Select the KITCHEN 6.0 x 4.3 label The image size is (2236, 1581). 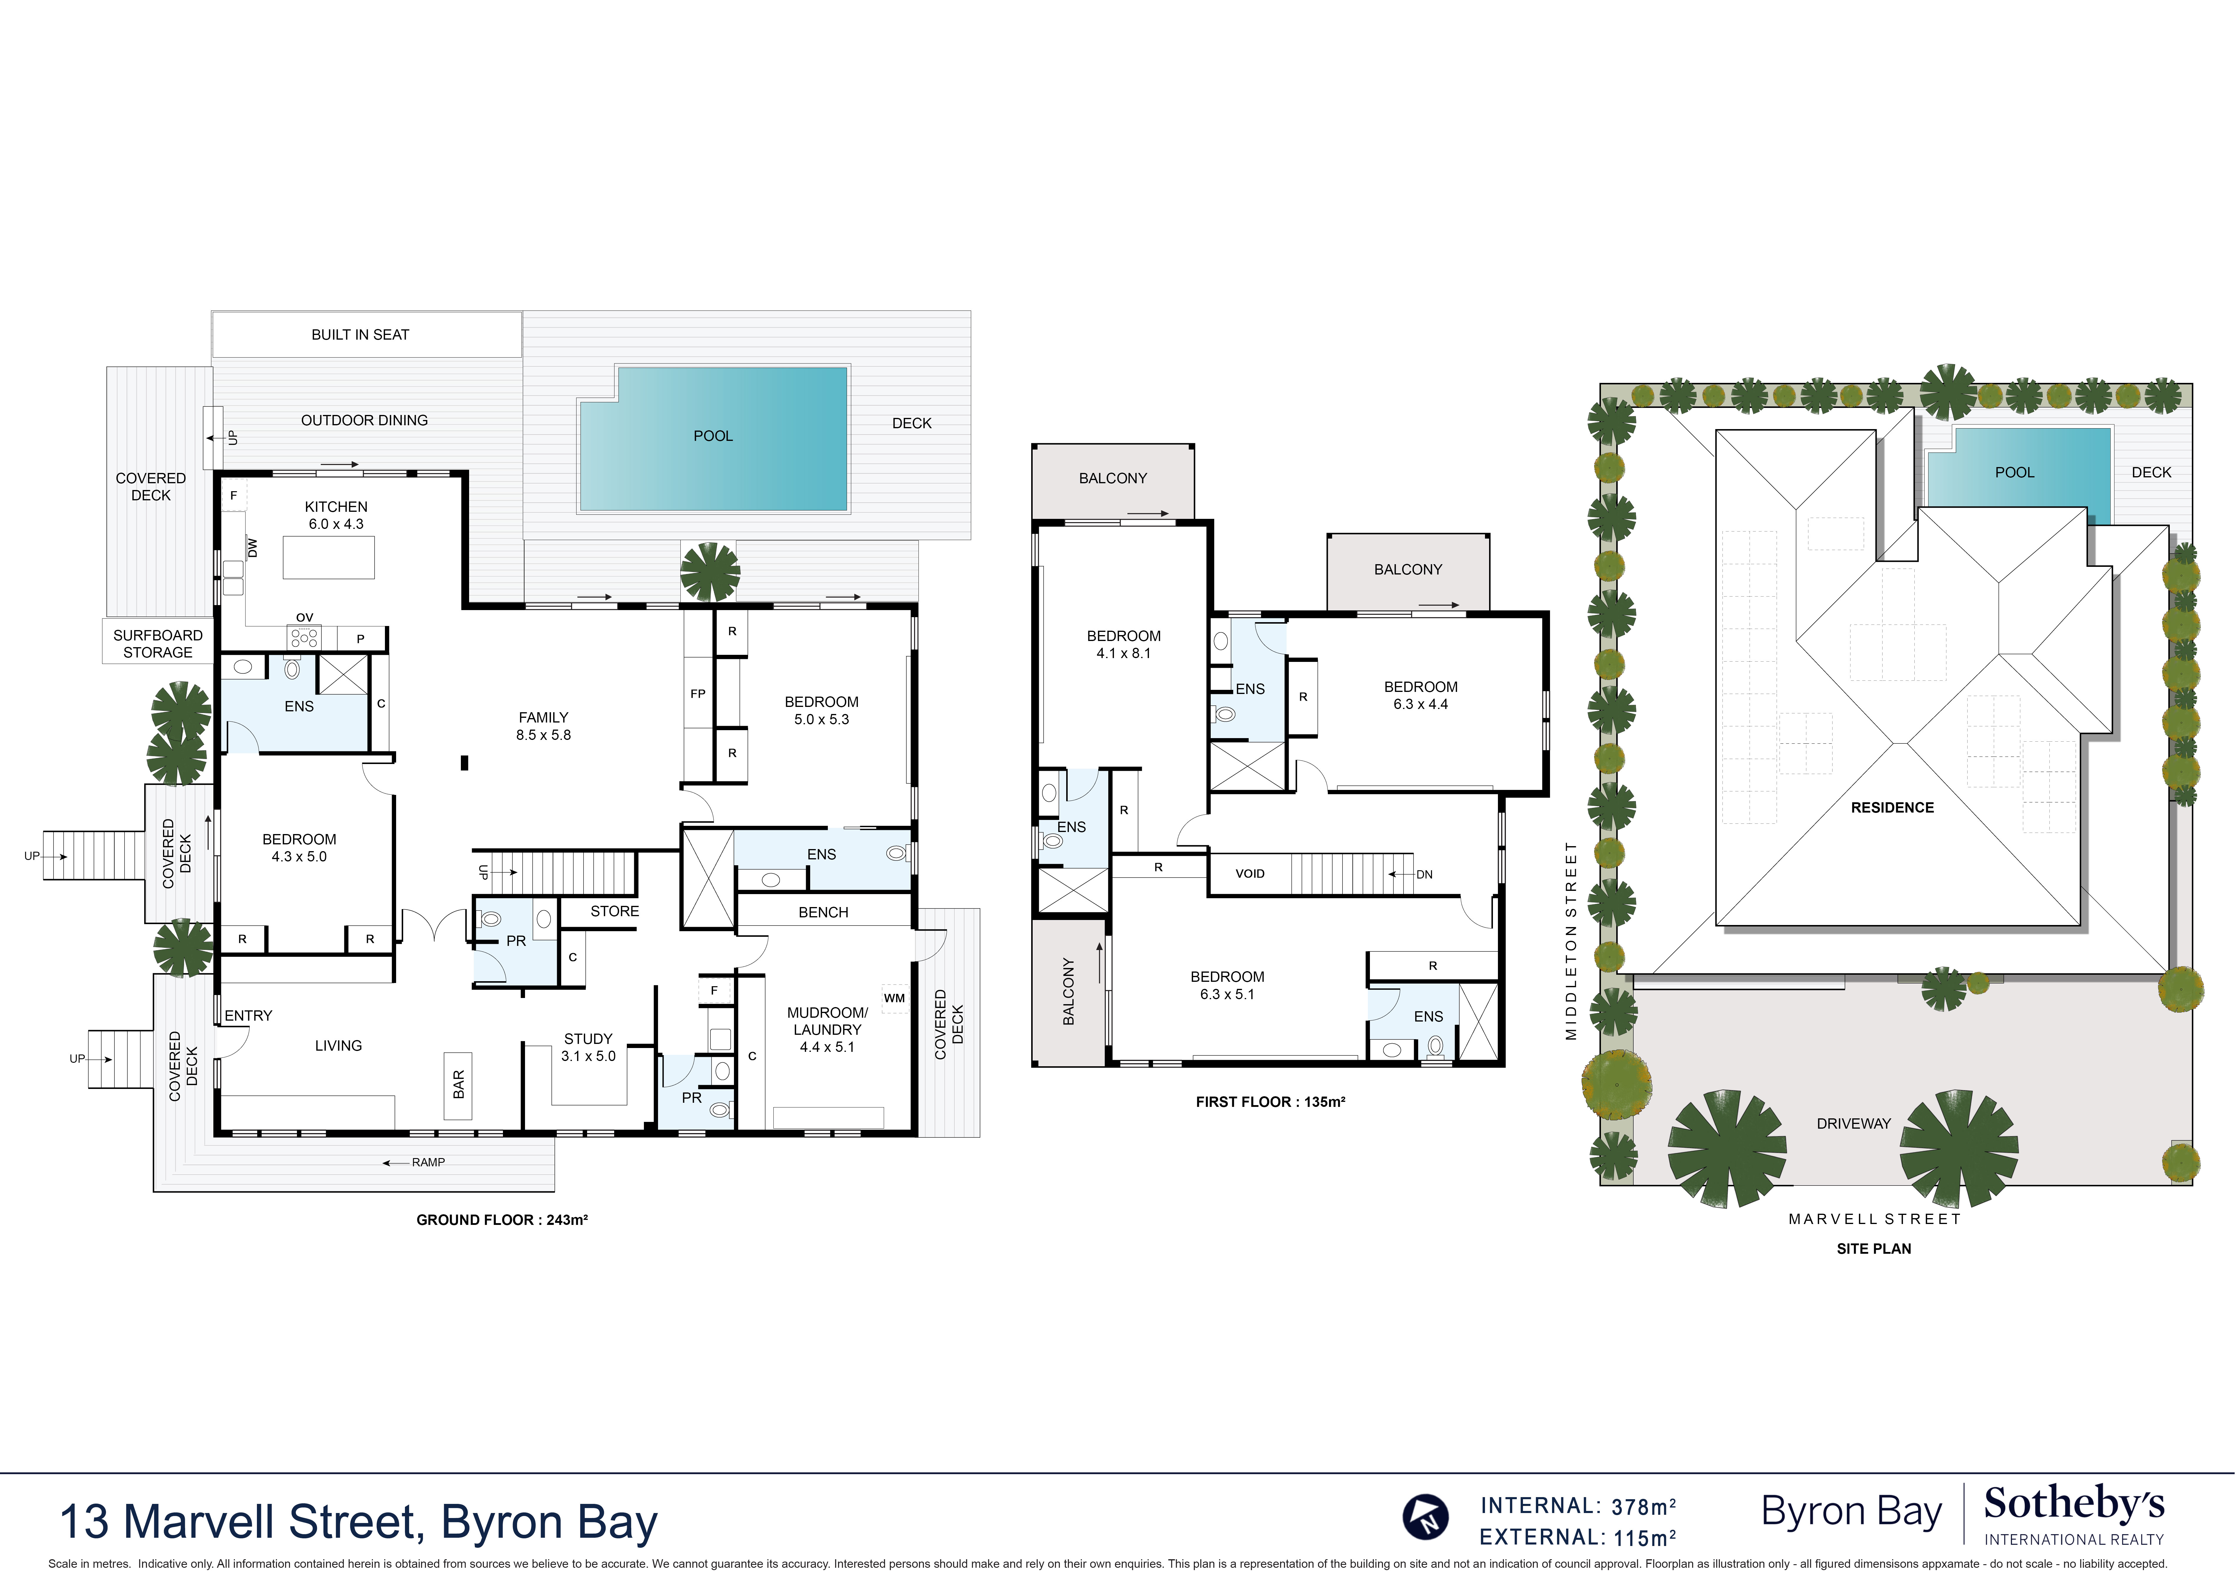[x=336, y=515]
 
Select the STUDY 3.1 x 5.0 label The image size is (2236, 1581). [x=588, y=1047]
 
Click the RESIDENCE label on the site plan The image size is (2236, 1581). [x=1892, y=808]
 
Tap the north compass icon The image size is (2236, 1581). [x=1426, y=1517]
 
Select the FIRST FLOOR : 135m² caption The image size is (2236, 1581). [x=1270, y=1102]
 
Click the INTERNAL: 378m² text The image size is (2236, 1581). [x=1578, y=1506]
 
